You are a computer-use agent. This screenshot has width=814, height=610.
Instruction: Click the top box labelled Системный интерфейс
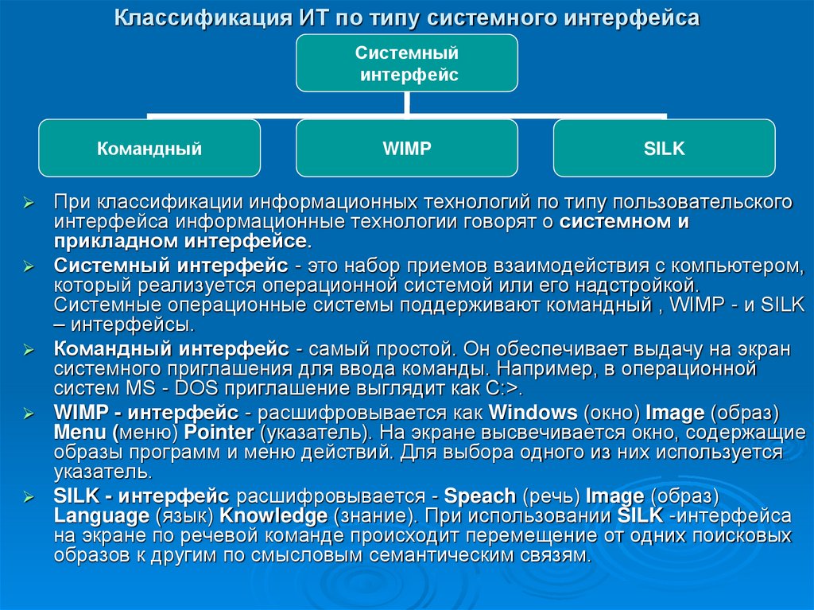[x=406, y=64]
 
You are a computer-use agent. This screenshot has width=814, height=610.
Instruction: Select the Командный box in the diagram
[x=149, y=148]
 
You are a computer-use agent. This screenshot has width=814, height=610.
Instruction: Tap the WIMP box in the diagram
[x=406, y=148]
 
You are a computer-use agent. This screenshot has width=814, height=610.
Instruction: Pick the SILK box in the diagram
[x=664, y=148]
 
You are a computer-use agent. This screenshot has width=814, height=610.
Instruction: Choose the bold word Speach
[x=480, y=496]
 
